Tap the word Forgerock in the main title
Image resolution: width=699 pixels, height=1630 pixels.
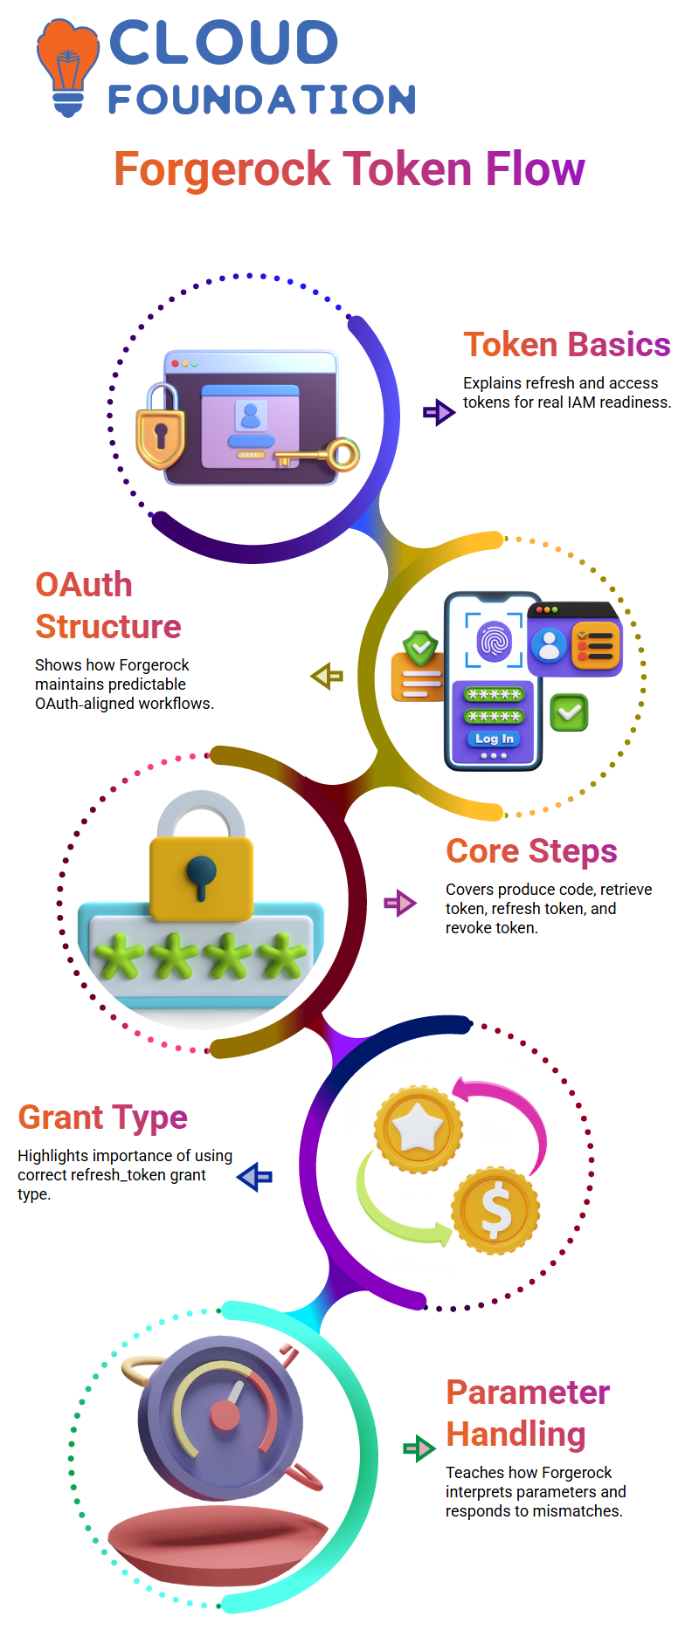[x=222, y=169]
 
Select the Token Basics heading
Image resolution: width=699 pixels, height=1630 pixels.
[x=566, y=345]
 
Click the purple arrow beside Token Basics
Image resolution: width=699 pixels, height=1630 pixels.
[x=439, y=411]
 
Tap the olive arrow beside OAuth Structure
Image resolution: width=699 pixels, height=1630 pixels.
[x=327, y=676]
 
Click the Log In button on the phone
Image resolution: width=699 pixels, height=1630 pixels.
[x=494, y=739]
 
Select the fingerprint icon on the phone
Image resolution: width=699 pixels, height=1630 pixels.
[x=495, y=640]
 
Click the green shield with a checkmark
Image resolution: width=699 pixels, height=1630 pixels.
[x=420, y=648]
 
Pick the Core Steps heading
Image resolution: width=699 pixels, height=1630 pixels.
[x=531, y=851]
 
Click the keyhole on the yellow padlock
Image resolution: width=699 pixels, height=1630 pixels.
[x=200, y=874]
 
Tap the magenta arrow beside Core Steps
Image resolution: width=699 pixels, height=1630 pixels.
[x=400, y=903]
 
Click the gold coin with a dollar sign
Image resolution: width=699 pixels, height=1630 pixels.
[x=495, y=1210]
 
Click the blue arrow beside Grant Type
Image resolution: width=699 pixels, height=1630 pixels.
[x=255, y=1177]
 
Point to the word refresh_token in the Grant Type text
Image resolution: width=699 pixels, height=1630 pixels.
[x=113, y=1175]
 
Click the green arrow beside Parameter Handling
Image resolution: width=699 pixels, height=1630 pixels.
[x=419, y=1448]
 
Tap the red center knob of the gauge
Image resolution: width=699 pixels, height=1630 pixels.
[x=225, y=1415]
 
